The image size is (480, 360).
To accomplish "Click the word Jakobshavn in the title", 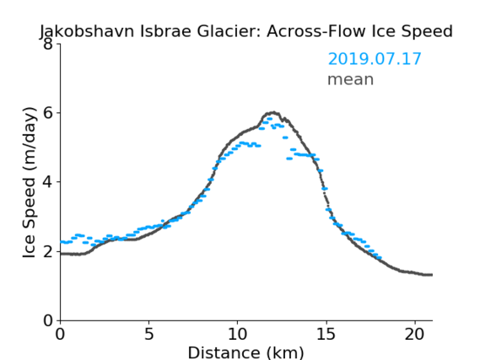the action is click(x=87, y=32).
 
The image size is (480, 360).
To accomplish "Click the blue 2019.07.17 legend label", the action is click(x=375, y=59).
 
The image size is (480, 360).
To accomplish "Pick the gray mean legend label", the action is click(x=351, y=79).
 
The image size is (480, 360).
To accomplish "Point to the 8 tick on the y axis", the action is click(x=48, y=45).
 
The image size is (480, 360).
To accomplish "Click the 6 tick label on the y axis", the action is click(x=48, y=113).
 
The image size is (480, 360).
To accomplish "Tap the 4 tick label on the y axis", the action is click(x=48, y=182).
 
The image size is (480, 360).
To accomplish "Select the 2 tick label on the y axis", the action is click(x=48, y=251).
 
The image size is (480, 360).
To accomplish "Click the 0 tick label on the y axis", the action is click(x=48, y=320).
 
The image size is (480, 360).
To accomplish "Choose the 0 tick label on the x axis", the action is click(x=60, y=334).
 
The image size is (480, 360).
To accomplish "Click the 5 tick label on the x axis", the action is click(x=148, y=334).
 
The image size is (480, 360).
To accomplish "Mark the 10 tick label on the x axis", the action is click(x=238, y=334).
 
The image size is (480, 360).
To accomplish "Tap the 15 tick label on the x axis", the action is click(x=326, y=334).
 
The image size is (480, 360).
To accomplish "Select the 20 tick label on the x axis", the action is click(x=415, y=334).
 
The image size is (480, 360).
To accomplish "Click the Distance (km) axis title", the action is click(x=245, y=352).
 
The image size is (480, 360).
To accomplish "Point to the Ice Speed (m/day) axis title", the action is click(x=30, y=182).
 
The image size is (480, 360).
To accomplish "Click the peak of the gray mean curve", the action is click(x=273, y=112).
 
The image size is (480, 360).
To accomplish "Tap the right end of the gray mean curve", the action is click(x=432, y=275).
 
